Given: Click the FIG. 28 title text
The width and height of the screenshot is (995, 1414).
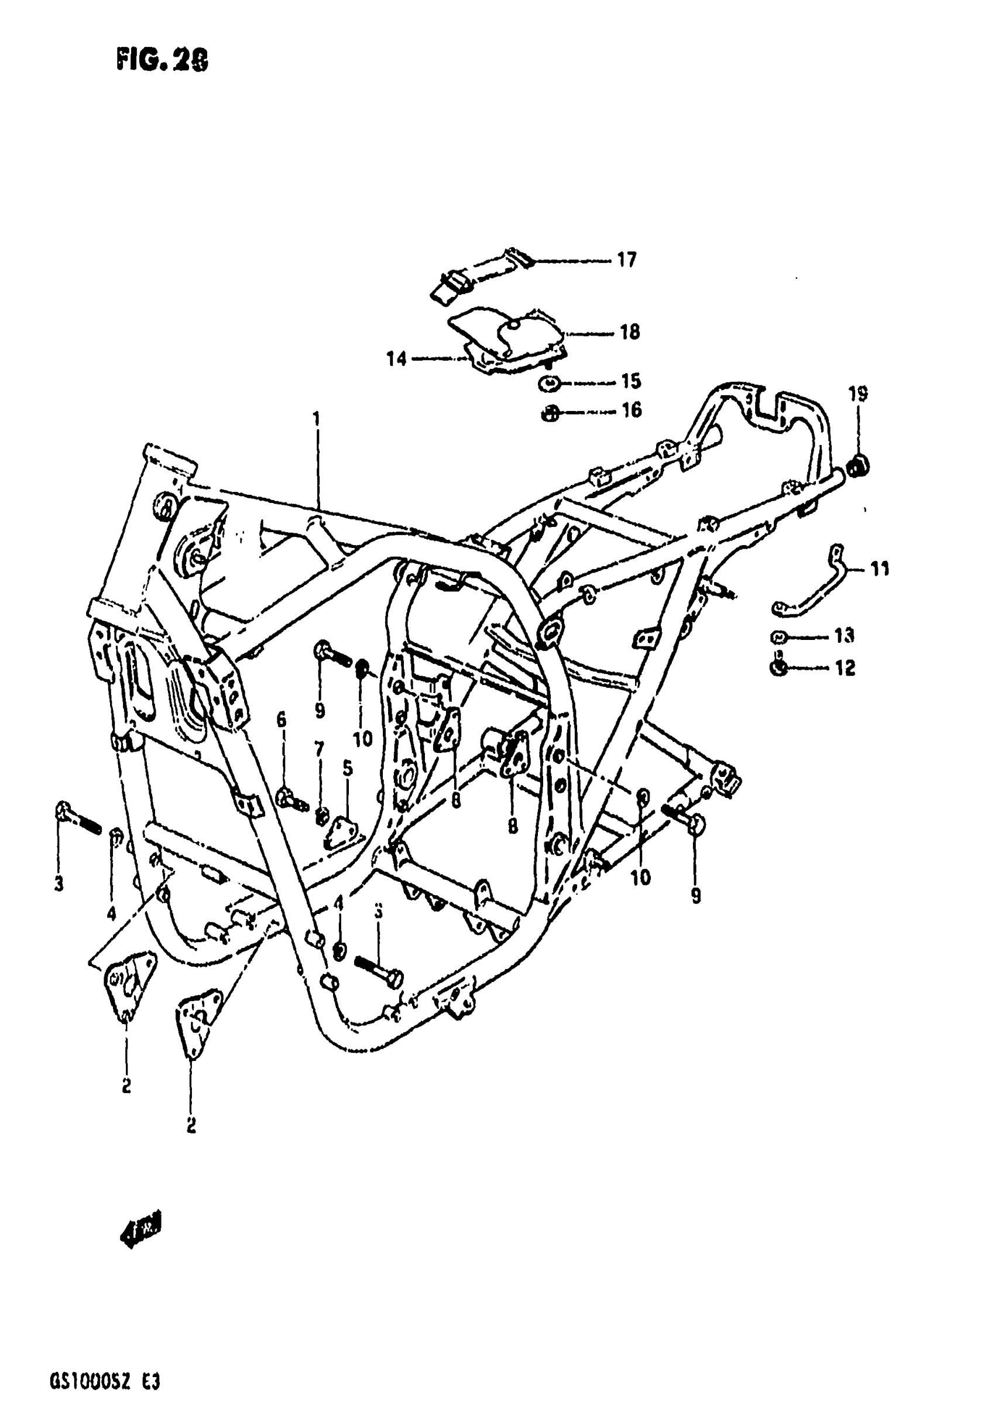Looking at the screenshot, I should coord(162,61).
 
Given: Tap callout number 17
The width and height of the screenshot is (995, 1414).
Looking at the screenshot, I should coord(626,261).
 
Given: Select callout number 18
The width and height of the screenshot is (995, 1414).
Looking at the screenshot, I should coord(629,333).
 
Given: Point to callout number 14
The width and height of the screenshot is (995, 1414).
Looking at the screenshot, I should coord(396,358).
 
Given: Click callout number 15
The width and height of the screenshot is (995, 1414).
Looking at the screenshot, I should coord(631,381).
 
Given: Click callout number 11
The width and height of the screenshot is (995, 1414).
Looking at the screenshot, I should coord(880,569).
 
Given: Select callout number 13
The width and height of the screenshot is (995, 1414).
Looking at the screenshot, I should coord(844,635).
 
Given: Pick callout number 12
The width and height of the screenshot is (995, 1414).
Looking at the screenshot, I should coord(845,667).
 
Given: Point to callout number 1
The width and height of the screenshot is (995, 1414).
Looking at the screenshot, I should coord(317,419).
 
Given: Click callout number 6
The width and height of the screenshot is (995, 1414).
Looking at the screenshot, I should coord(282,720).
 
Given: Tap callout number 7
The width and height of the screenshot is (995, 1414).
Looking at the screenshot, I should coord(319,749).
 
